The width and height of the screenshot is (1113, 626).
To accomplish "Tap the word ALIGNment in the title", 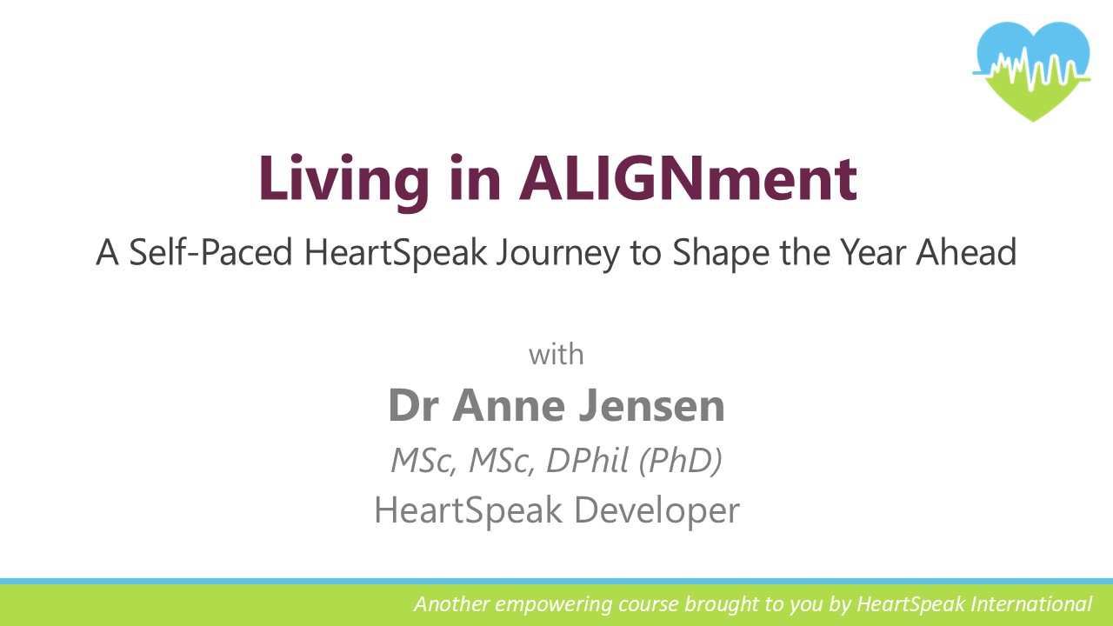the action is (x=688, y=178).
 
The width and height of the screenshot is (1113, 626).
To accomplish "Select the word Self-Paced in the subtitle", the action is (x=210, y=252).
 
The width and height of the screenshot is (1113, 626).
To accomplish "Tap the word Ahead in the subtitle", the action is (x=966, y=252).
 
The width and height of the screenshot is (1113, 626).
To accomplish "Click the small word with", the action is (x=556, y=354).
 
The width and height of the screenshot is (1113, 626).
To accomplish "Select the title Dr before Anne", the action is (x=413, y=405).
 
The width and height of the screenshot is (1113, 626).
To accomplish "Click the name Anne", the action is (x=509, y=405).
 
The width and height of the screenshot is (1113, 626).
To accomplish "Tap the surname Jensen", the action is (x=652, y=405).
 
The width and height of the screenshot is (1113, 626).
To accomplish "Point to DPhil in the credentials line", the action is (x=588, y=460).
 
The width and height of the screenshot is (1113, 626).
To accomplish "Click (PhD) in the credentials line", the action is (x=680, y=461).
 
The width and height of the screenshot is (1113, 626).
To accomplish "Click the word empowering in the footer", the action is (x=554, y=605).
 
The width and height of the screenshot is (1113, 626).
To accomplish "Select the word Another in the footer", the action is (x=451, y=604).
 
